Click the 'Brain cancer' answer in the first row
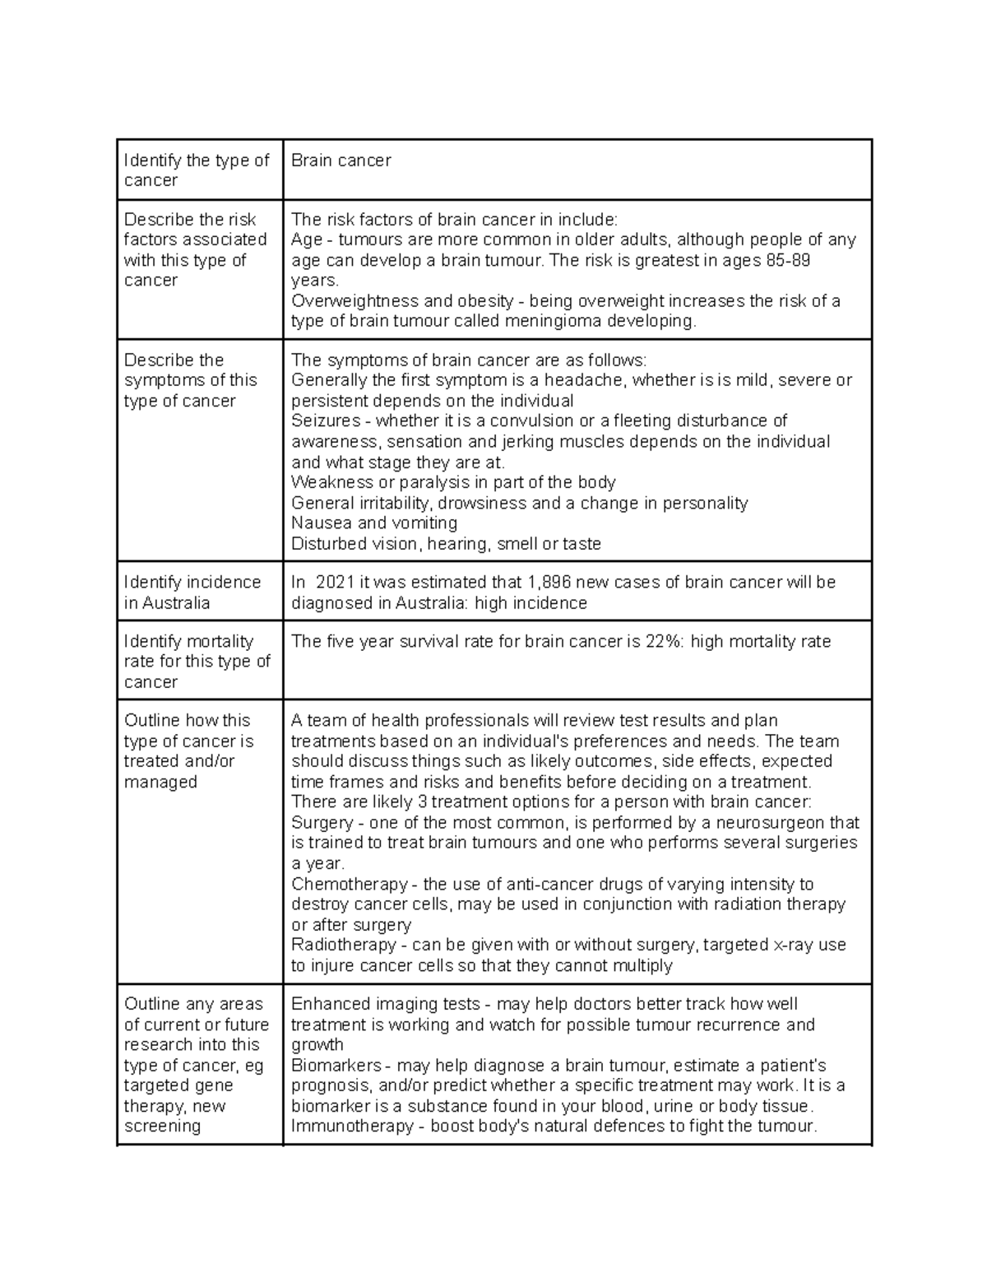pos(341,160)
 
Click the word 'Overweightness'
pos(354,301)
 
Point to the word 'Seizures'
pos(326,421)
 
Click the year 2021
pos(335,583)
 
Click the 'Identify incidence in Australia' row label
pos(192,593)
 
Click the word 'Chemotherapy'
pos(350,885)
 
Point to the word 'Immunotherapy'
pos(352,1127)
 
